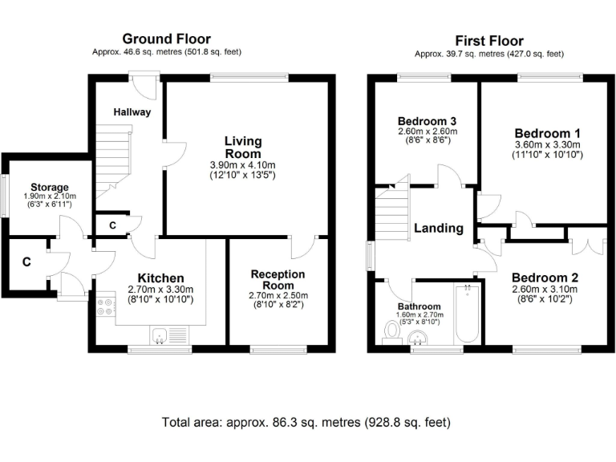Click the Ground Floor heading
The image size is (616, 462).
pyautogui.click(x=166, y=38)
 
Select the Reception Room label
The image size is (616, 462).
pyautogui.click(x=278, y=280)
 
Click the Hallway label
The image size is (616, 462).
pyautogui.click(x=132, y=112)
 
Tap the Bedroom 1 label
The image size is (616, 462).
pyautogui.click(x=548, y=133)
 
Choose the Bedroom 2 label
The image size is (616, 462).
pyautogui.click(x=545, y=278)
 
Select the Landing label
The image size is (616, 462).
pyautogui.click(x=439, y=228)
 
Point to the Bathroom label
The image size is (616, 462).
pyautogui.click(x=419, y=306)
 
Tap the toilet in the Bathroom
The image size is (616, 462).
pyautogui.click(x=393, y=330)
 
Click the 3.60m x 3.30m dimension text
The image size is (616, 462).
pyautogui.click(x=548, y=145)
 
